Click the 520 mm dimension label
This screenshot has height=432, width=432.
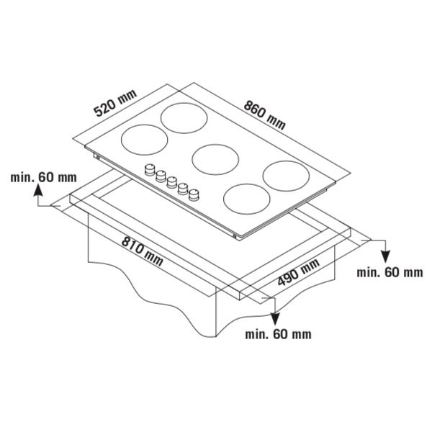(x=115, y=103)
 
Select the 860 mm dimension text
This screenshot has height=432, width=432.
(x=264, y=115)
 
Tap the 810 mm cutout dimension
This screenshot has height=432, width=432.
(x=142, y=251)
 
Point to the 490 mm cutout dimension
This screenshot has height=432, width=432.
(x=298, y=273)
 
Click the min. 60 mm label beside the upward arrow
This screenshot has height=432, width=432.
(x=43, y=177)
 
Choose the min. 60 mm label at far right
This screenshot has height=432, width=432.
(x=390, y=272)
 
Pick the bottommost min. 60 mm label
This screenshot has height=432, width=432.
(x=278, y=334)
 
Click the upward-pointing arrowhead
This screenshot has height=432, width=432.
(x=38, y=190)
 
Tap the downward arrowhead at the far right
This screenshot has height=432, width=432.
(x=386, y=257)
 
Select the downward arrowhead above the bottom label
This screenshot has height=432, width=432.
(x=275, y=320)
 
